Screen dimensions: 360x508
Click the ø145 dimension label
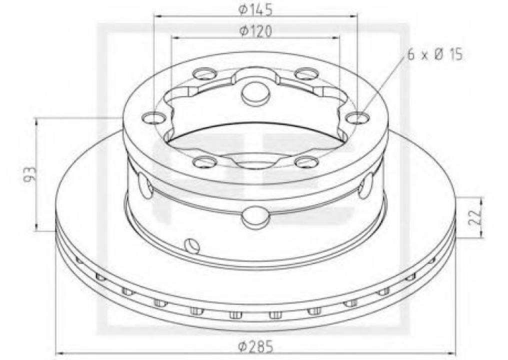[255, 9]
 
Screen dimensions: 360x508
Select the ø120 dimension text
[255, 31]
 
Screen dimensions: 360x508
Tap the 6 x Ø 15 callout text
[434, 54]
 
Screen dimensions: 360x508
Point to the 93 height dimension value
[30, 173]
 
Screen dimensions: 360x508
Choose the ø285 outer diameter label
[255, 345]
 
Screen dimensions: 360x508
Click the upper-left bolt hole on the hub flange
[204, 75]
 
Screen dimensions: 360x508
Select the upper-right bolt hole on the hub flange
[306, 74]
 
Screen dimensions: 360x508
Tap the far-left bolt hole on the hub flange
[153, 118]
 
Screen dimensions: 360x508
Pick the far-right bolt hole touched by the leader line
[357, 118]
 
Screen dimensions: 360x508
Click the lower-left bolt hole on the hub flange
[204, 161]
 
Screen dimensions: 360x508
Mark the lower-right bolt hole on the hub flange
[306, 161]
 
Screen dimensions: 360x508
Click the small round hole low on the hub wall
[192, 245]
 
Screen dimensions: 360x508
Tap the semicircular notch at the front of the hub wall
[255, 217]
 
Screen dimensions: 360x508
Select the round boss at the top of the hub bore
[255, 93]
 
